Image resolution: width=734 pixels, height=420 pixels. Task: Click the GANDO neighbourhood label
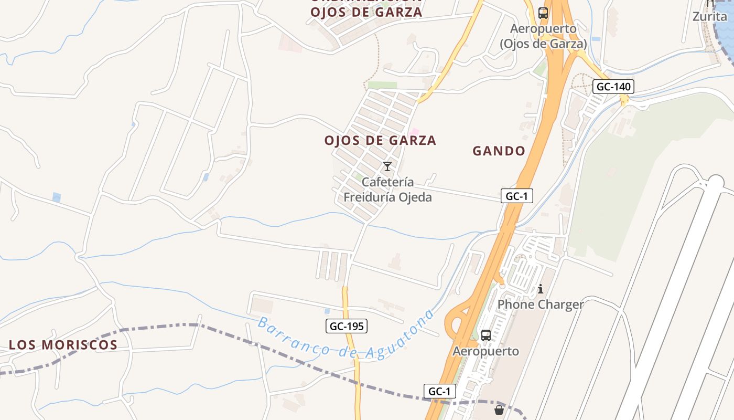pos(499,151)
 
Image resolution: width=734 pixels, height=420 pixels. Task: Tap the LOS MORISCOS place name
pos(63,345)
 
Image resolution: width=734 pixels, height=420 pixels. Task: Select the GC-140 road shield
pos(613,87)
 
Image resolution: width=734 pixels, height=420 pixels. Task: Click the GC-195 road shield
pos(346,326)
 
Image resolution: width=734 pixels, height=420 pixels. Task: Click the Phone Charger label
pos(540,304)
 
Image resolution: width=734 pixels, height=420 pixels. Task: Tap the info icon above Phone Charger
pos(541,289)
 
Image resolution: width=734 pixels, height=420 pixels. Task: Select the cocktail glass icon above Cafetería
pos(387,167)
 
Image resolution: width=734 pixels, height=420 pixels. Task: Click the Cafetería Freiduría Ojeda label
pos(387,190)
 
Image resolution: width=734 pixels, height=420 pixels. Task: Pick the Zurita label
pos(710,16)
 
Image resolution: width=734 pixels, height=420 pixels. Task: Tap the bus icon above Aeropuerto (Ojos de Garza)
pos(543,13)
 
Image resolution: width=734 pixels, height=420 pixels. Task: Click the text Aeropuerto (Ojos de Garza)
pos(543,36)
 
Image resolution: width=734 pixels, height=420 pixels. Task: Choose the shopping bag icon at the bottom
pos(499,409)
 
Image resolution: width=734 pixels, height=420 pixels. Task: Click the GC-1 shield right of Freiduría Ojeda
pos(516,196)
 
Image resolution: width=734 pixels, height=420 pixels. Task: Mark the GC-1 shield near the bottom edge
pos(439,391)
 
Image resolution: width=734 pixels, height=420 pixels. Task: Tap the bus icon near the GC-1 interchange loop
pos(486,335)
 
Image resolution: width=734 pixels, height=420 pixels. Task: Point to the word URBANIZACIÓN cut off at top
pos(366,2)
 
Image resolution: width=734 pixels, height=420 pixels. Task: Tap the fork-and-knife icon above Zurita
pos(710,3)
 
